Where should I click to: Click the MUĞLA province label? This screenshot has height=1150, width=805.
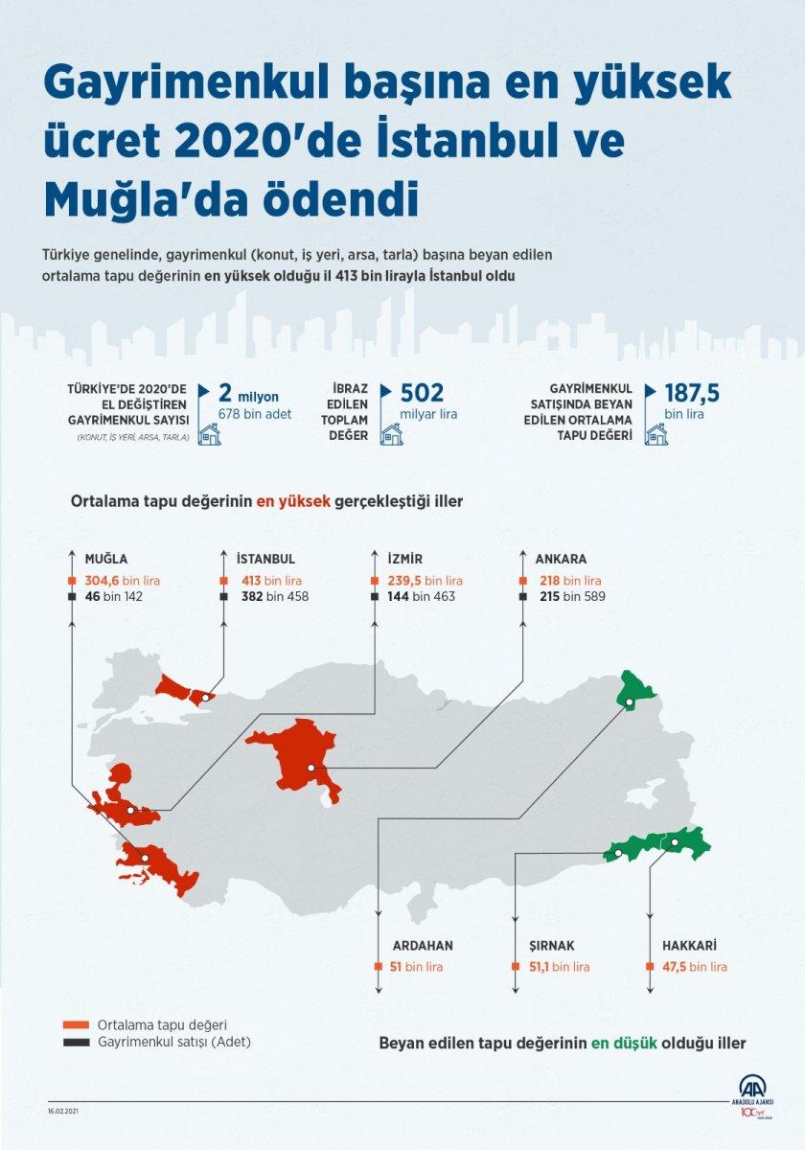[106, 560]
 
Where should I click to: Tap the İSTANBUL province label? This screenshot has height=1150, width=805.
[265, 560]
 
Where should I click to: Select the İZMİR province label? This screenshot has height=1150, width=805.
[406, 560]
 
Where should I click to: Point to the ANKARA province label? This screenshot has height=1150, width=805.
[561, 560]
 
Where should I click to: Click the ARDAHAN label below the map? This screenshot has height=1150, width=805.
[422, 945]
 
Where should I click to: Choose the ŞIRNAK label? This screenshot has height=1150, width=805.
[552, 945]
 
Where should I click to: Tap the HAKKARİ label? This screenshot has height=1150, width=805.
[690, 945]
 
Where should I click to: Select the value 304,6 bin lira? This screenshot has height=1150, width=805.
[122, 581]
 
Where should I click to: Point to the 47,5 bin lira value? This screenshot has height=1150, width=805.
[694, 967]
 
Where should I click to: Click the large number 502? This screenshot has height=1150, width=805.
[421, 393]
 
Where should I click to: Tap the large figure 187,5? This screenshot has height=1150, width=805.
[692, 393]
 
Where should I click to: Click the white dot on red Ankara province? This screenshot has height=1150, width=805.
[310, 769]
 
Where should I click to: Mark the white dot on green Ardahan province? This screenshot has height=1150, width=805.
[629, 703]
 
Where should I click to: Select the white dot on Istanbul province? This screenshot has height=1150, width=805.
[206, 698]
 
